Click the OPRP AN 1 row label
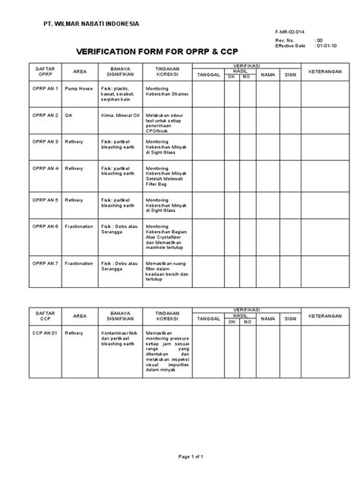pos(44,88)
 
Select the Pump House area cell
pos(78,88)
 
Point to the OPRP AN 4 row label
pos(44,169)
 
